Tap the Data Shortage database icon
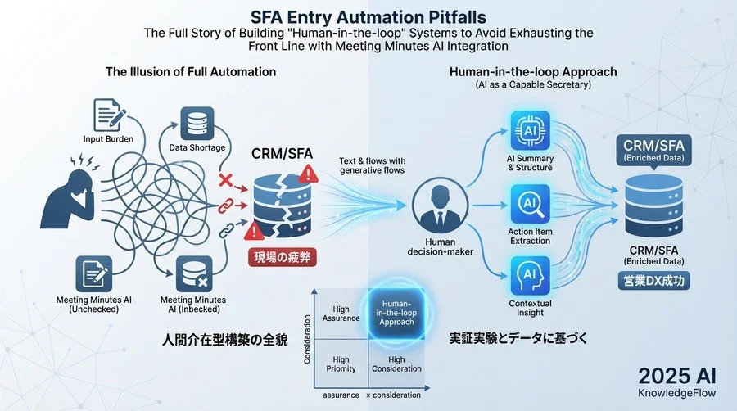[x=197, y=124]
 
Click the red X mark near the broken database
[x=226, y=180]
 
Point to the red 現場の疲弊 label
[x=282, y=257]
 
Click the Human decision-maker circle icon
[x=440, y=206]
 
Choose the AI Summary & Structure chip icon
[x=530, y=130]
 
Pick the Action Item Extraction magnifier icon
[x=530, y=204]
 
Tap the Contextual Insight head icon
[x=530, y=276]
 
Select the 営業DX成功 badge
[x=653, y=281]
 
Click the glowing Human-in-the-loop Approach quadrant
[x=396, y=314]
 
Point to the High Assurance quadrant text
[x=341, y=314]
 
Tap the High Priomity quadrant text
[x=341, y=364]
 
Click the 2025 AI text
[x=677, y=377]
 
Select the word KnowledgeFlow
[x=677, y=393]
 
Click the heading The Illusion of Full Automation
[x=190, y=72]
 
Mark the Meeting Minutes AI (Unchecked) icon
[x=94, y=273]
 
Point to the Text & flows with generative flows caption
[x=373, y=165]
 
